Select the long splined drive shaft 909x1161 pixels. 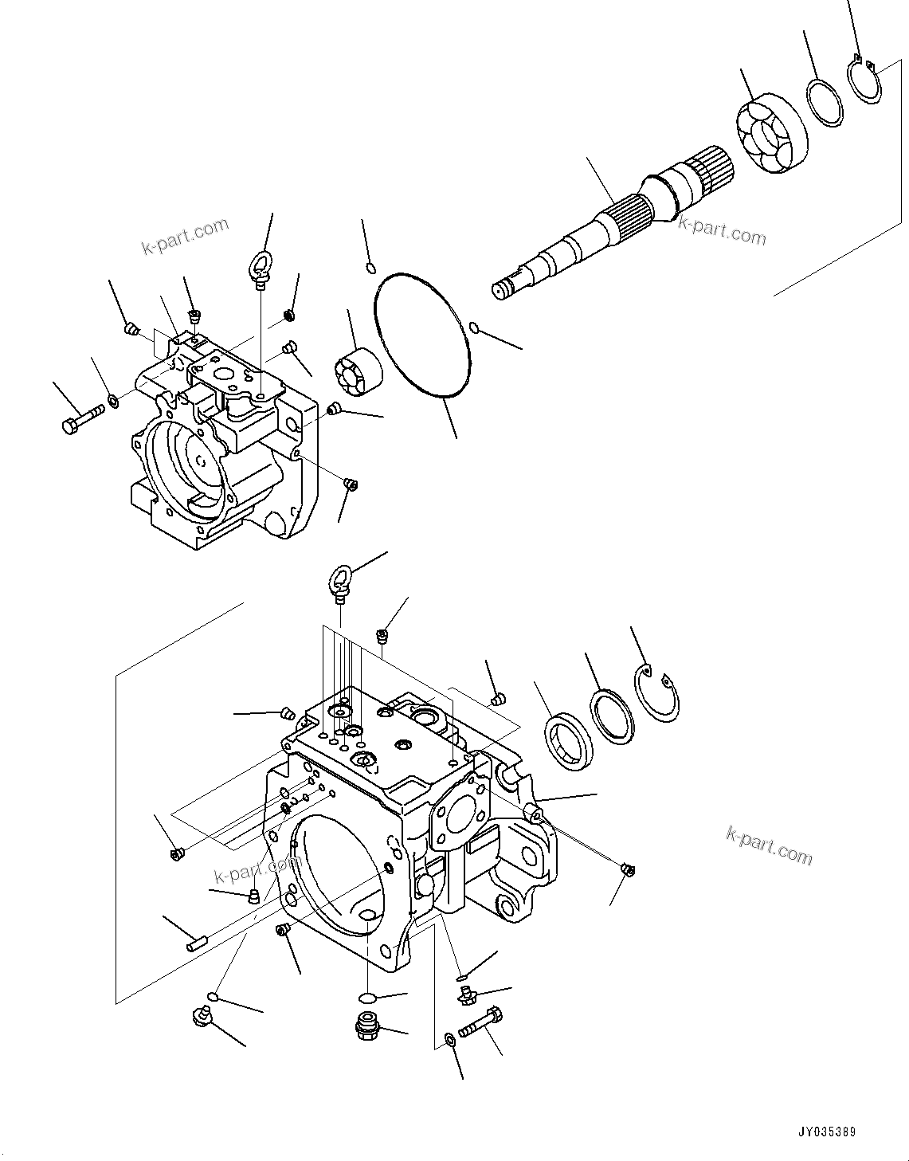(x=605, y=228)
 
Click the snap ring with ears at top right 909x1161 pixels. (x=864, y=80)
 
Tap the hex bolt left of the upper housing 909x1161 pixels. (x=80, y=418)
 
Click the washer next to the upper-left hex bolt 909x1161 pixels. (x=114, y=398)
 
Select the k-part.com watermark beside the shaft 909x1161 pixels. (x=722, y=231)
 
